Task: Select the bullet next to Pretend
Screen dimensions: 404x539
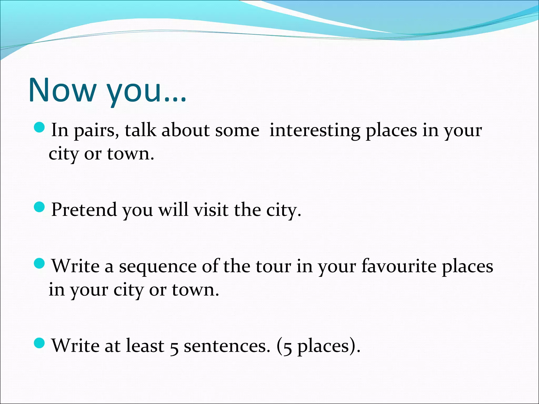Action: click(x=40, y=207)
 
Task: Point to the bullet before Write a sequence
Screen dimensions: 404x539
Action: click(x=40, y=263)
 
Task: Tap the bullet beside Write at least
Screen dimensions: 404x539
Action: click(x=40, y=343)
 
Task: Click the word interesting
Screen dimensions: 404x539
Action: click(x=315, y=131)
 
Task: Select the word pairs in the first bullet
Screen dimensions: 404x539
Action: click(x=96, y=131)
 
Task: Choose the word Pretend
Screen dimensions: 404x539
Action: click(x=84, y=210)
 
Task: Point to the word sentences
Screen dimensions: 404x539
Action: click(x=227, y=346)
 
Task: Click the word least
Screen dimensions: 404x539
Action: click(x=145, y=346)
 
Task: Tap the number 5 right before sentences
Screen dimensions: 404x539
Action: click(x=174, y=348)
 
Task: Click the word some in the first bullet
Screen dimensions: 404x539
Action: click(x=237, y=131)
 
